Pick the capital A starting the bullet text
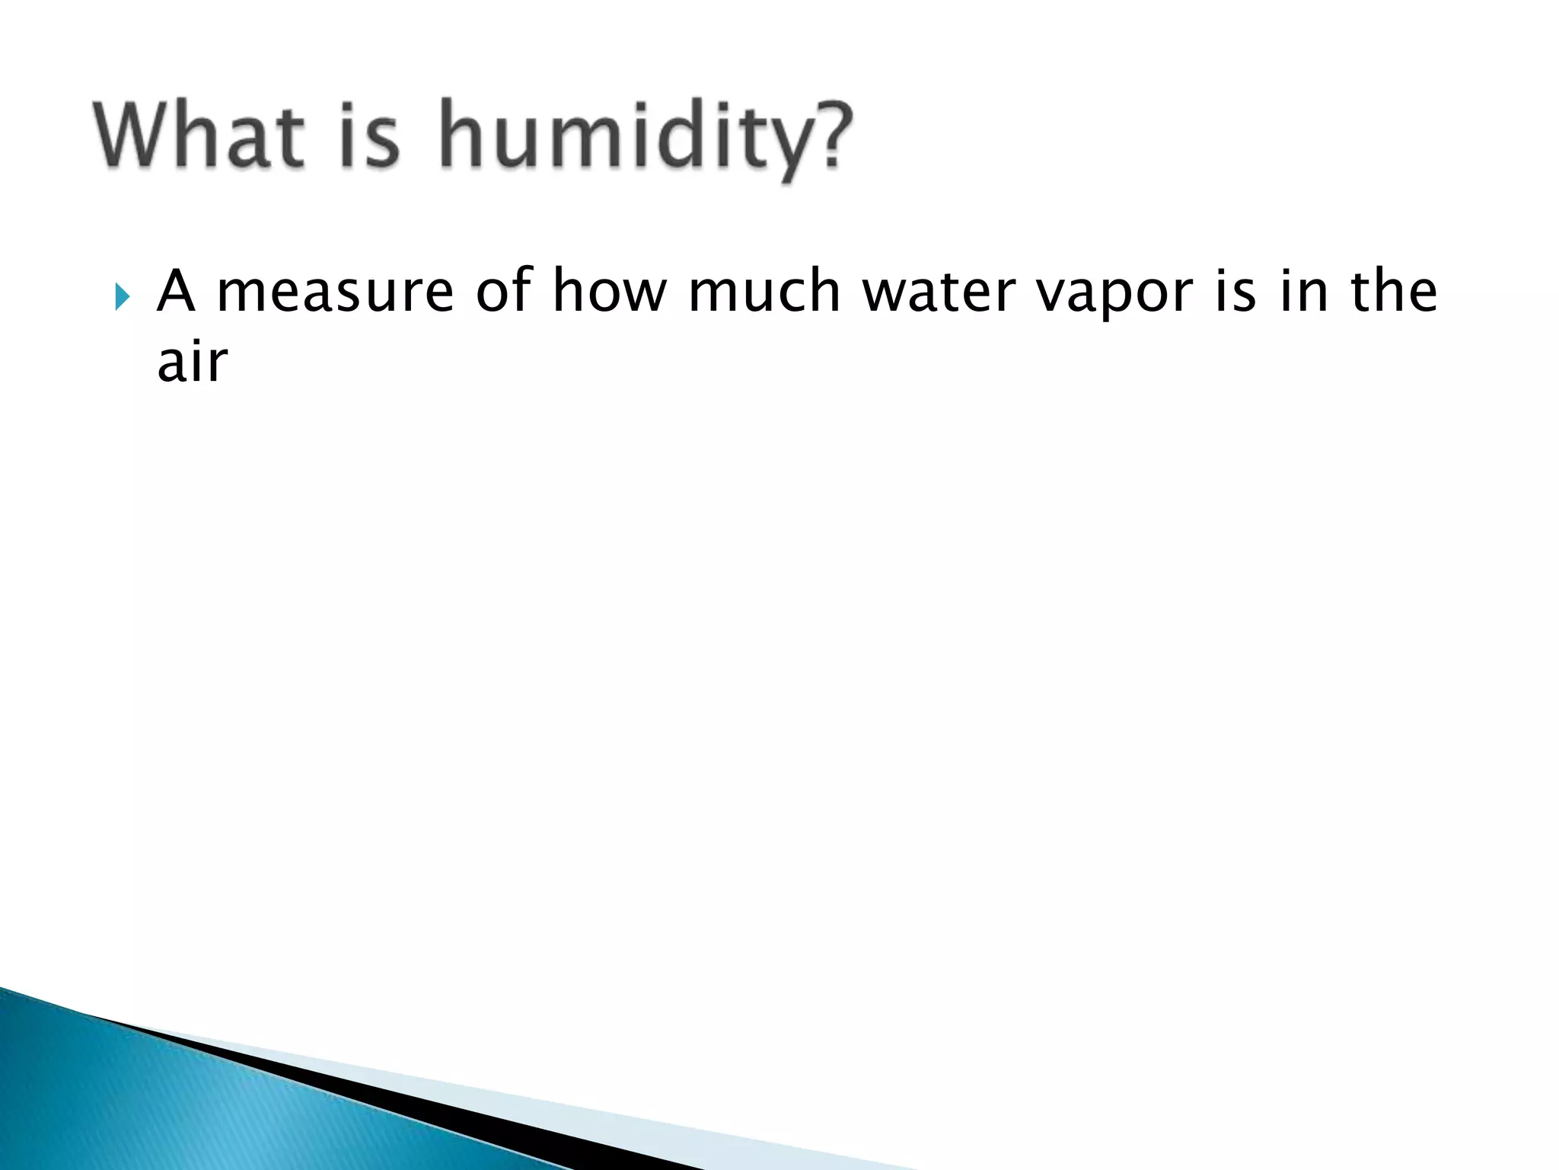pos(175,291)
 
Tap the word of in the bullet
pos(503,291)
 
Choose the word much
pos(764,291)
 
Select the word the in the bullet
pos(1394,291)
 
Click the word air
pos(192,362)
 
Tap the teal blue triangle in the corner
pos(152,1097)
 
